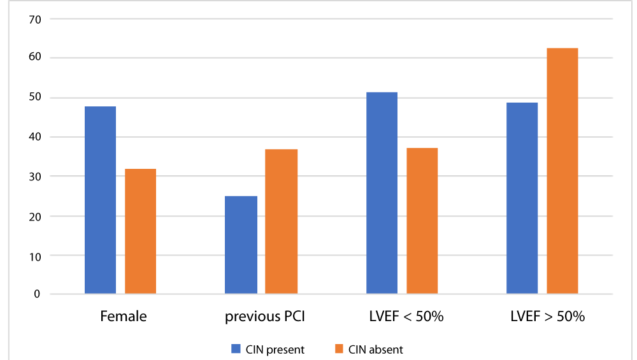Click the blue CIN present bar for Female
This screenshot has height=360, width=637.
point(101,200)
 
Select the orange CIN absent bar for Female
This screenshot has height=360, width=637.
point(141,231)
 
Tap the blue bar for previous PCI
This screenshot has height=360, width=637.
point(241,245)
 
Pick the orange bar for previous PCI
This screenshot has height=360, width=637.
point(281,222)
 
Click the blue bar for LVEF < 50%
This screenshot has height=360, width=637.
point(382,193)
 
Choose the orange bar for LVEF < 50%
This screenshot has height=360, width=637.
point(422,221)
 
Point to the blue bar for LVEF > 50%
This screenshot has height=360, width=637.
point(522,198)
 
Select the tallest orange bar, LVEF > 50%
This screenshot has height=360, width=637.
point(562,171)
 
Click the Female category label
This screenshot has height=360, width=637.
point(124,316)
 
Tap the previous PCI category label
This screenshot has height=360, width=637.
point(265,317)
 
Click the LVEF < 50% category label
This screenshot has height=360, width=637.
point(406,316)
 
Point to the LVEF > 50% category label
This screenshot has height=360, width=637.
point(548,316)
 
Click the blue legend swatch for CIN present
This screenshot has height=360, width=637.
point(236,349)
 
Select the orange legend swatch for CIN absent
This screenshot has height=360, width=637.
point(339,349)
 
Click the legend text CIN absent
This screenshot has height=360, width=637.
point(375,349)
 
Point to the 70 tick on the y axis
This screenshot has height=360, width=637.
point(35,20)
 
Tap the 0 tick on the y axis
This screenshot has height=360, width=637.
point(37,294)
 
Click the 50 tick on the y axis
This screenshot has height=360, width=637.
point(35,97)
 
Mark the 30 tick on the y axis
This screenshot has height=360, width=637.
point(35,176)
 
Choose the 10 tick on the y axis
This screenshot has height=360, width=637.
point(35,257)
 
